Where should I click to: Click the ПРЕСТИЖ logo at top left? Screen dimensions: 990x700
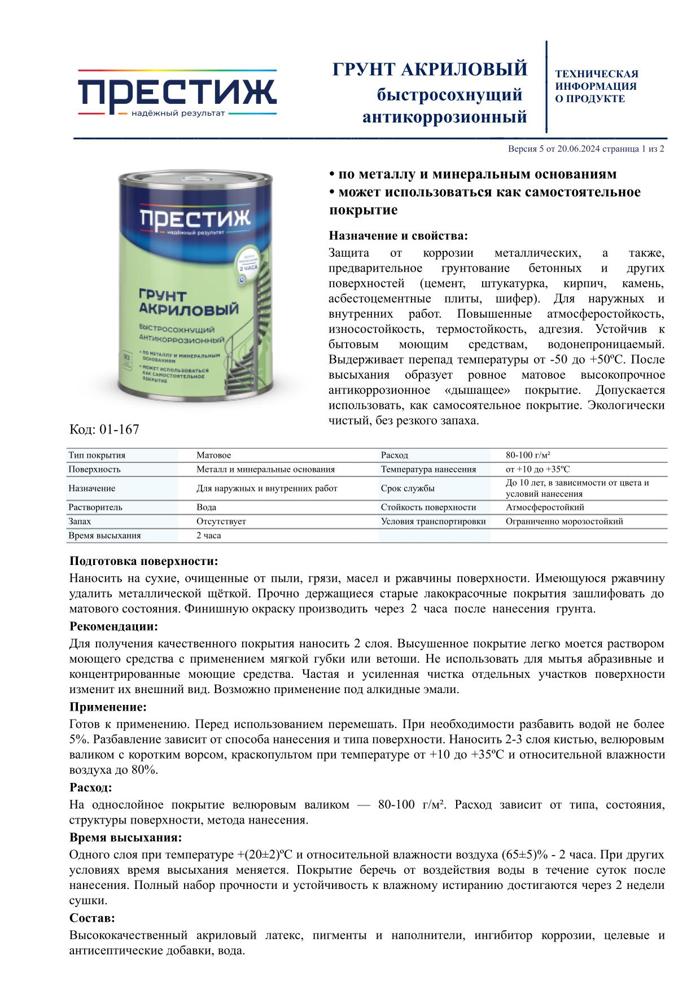coord(177,93)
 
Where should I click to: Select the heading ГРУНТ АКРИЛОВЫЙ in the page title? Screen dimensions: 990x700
coord(430,69)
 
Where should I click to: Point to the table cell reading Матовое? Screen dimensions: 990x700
coord(213,455)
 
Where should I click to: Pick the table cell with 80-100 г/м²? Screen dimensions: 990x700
coord(528,455)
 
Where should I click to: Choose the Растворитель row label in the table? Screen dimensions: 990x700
coord(95,507)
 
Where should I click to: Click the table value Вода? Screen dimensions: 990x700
coord(206,507)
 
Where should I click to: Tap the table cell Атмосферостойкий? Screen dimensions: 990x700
coord(545,507)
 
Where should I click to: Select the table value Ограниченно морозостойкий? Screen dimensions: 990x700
coord(564,521)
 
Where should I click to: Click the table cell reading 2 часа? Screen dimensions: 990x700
coord(208,535)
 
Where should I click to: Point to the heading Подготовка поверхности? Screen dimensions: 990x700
coord(143,561)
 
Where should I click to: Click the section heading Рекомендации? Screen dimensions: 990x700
coord(113,627)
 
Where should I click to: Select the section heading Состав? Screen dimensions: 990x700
coord(92,918)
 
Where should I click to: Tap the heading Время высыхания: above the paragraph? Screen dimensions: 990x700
coord(125,837)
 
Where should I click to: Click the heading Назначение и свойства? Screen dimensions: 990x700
coord(398,235)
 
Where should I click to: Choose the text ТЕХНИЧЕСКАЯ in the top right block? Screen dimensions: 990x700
coord(596,74)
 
